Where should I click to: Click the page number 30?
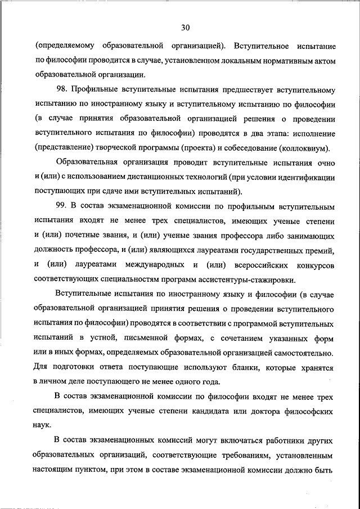point(186,26)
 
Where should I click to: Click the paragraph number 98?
point(62,89)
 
